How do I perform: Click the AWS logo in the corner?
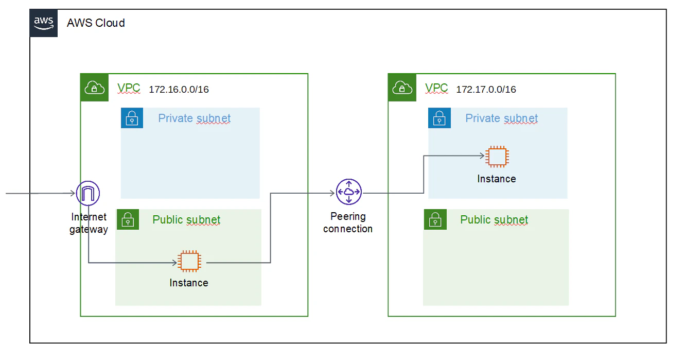tap(43, 23)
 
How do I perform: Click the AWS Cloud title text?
tap(96, 23)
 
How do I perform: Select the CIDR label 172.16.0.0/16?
tap(179, 90)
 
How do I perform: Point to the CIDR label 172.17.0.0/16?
tap(486, 90)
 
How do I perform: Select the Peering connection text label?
tap(348, 222)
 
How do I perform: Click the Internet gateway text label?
tap(89, 223)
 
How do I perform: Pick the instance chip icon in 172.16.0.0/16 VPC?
tap(189, 261)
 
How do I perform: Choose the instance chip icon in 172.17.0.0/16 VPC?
tap(497, 157)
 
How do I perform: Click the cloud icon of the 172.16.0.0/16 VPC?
tap(95, 88)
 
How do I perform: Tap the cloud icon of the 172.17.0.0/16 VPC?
tap(402, 88)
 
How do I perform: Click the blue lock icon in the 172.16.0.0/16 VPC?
tap(132, 118)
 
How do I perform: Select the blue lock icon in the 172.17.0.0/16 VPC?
tap(440, 118)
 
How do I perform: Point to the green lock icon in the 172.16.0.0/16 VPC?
tap(128, 219)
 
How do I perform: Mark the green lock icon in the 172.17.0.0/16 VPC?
tap(435, 219)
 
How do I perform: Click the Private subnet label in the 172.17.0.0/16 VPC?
tap(501, 118)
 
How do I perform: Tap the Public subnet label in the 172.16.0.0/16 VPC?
tap(186, 220)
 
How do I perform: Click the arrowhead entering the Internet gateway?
tap(73, 193)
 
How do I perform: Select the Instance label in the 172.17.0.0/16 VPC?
tap(497, 179)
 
